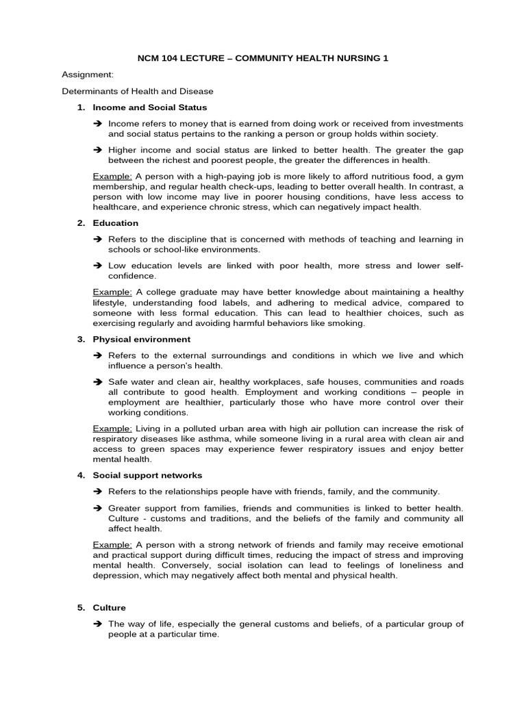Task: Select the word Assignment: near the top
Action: [x=88, y=74]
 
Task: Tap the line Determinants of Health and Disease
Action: [x=138, y=90]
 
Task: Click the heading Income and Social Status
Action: [x=149, y=107]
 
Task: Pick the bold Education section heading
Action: [x=115, y=222]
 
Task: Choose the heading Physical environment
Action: [x=141, y=339]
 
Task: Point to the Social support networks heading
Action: [x=147, y=475]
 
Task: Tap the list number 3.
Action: [x=80, y=339]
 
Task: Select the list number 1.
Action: [x=80, y=107]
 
